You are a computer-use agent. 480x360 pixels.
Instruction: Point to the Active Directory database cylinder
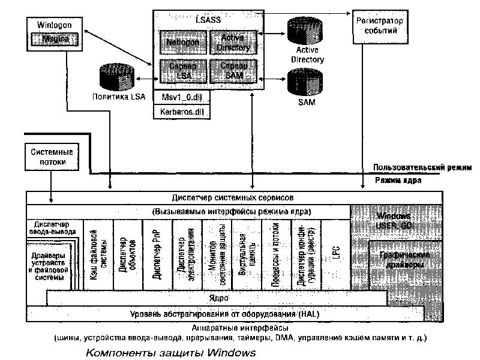(x=304, y=30)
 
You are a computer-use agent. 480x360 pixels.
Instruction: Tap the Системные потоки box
(x=52, y=157)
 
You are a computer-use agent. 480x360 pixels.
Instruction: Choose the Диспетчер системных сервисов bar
(x=234, y=197)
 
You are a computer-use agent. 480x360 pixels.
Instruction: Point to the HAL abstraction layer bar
(x=225, y=314)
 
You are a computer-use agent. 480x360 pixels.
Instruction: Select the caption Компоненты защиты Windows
(x=171, y=353)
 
